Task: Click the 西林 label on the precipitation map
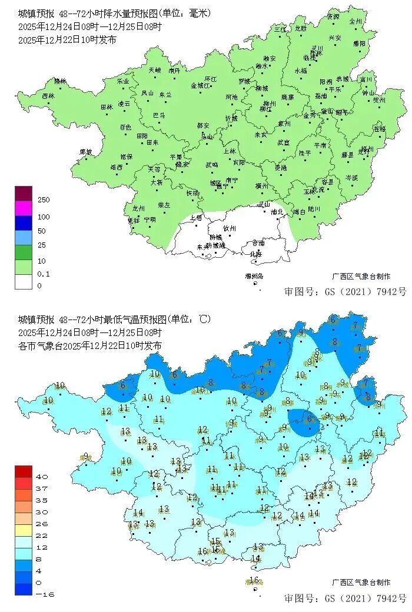tap(48, 95)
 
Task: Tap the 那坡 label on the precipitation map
tap(86, 152)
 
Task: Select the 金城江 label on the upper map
tap(201, 85)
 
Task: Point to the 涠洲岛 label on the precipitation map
tap(254, 276)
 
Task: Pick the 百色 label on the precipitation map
tap(125, 127)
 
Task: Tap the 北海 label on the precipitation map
tap(256, 254)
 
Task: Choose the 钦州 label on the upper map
tap(229, 228)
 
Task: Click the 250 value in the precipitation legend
tap(44, 200)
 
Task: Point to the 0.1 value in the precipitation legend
tap(44, 274)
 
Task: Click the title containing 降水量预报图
tap(115, 13)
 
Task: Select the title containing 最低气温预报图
tap(115, 320)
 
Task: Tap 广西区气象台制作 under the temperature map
tap(361, 582)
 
